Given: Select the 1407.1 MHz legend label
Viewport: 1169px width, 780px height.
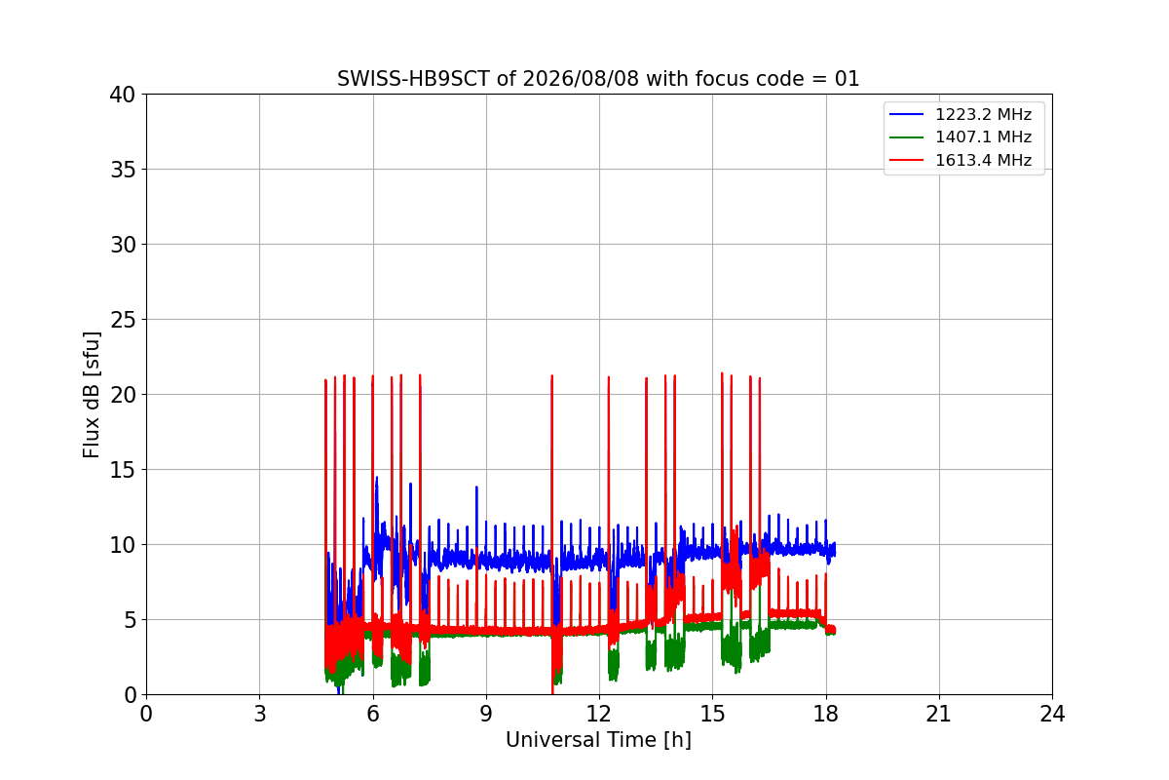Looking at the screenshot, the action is (983, 136).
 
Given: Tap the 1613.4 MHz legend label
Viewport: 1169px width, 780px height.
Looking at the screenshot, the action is (983, 160).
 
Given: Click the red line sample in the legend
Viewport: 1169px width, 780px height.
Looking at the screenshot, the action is (907, 160).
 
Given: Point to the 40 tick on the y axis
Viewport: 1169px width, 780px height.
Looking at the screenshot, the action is (122, 95).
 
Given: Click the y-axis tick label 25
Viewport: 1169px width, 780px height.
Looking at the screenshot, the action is (123, 320).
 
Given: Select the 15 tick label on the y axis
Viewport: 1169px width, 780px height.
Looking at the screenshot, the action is (123, 470).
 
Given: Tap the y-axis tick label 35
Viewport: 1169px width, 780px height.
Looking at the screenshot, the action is (123, 170).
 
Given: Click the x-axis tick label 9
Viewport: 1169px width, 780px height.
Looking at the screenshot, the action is (486, 714).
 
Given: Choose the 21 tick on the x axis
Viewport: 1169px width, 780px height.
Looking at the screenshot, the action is (939, 714).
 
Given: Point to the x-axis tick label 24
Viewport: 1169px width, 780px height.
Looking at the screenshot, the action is (1052, 714).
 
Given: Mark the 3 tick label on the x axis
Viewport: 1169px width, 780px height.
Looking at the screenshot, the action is (260, 714).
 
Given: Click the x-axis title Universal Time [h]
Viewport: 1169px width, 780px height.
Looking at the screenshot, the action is (598, 740).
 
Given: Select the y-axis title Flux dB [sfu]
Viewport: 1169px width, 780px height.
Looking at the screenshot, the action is (92, 395).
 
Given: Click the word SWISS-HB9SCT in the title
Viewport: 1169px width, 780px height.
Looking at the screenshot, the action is (413, 79).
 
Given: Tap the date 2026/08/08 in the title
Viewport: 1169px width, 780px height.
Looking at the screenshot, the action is (581, 79).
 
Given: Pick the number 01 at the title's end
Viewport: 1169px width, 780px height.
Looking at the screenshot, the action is (847, 79).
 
